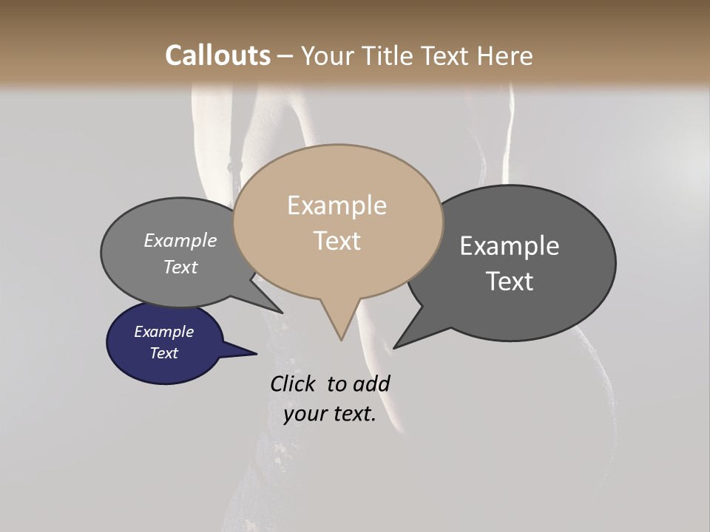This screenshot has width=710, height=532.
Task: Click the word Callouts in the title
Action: (217, 55)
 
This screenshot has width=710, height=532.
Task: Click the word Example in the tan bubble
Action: (337, 205)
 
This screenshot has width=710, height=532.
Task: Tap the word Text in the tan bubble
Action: (337, 241)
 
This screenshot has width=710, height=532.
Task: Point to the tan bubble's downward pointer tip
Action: (341, 339)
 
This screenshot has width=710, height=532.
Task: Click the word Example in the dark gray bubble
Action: (510, 246)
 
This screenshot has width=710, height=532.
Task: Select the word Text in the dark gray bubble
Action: (510, 282)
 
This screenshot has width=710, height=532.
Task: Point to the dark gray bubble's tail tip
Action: (395, 347)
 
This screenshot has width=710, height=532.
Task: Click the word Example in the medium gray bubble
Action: (180, 241)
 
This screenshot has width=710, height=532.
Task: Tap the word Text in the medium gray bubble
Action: (180, 267)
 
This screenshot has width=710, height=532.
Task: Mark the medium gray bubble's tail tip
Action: (282, 313)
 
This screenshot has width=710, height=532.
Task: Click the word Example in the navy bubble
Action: (164, 332)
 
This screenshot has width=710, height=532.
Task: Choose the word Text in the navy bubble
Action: (164, 353)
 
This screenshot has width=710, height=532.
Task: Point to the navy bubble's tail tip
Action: (256, 354)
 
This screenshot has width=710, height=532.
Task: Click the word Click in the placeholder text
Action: (294, 383)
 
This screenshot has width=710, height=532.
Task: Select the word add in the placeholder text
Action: (371, 383)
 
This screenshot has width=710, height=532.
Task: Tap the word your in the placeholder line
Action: (305, 414)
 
